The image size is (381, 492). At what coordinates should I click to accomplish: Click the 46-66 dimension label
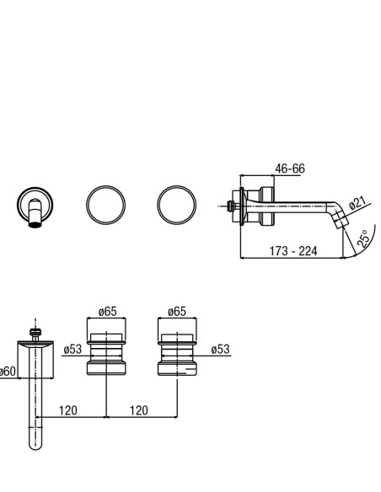point(290,168)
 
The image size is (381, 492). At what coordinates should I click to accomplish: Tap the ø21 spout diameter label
point(357,203)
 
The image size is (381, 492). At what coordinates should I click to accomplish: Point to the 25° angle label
point(362,238)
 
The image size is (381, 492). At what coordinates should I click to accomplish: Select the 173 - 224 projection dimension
point(293,251)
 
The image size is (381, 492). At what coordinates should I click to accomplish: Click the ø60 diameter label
point(8,372)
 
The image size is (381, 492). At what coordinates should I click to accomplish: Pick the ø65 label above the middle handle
point(107,312)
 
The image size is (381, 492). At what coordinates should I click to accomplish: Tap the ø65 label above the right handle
point(177,312)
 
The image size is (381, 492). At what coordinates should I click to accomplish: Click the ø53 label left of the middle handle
point(72,350)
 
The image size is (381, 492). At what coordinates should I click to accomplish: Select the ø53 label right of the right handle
point(220,350)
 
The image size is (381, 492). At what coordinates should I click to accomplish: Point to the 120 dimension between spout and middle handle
point(67,410)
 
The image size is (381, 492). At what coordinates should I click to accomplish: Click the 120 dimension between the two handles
point(139,410)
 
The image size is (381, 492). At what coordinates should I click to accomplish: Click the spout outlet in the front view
point(35,224)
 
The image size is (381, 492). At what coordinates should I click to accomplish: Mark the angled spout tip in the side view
point(342,221)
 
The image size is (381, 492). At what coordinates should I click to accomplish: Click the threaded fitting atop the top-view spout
point(35,333)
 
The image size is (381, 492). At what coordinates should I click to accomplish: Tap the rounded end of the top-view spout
point(35,445)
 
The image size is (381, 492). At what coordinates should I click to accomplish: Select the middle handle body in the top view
point(106,354)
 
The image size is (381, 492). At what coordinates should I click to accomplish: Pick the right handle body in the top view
point(177,354)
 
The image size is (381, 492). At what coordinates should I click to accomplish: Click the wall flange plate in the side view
point(242,206)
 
